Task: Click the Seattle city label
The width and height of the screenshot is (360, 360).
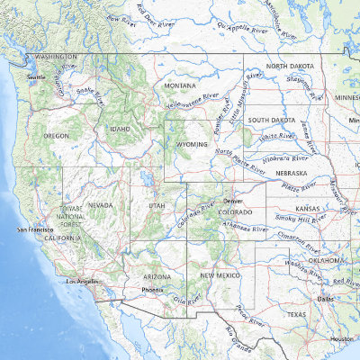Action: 36,77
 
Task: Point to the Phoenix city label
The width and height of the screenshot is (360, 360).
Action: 152,291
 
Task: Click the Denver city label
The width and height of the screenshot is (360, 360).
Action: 233,201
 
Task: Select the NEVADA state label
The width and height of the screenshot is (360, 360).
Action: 100,205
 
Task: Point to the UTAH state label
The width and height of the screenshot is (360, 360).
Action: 157,206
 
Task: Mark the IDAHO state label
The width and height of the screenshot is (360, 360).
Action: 120,129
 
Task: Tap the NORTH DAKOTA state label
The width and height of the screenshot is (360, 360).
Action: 289,67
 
